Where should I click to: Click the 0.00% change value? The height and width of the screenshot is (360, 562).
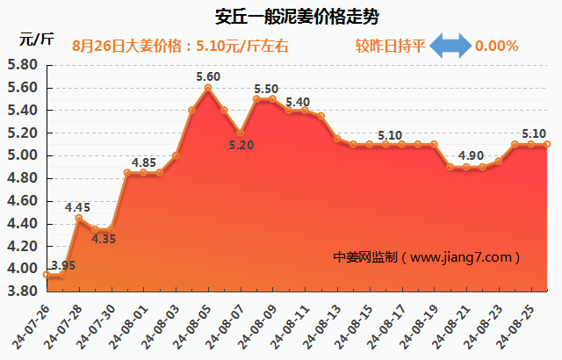496,46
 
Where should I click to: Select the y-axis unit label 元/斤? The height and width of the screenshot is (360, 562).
36,39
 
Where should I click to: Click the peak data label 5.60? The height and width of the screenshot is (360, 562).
208,77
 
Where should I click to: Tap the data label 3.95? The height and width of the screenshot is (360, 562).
62,265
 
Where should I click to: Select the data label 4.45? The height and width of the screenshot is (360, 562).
78,208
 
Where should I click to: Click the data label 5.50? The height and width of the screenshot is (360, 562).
266,90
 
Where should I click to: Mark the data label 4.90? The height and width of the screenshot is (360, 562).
471,156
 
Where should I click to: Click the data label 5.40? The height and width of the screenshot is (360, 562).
298,102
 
